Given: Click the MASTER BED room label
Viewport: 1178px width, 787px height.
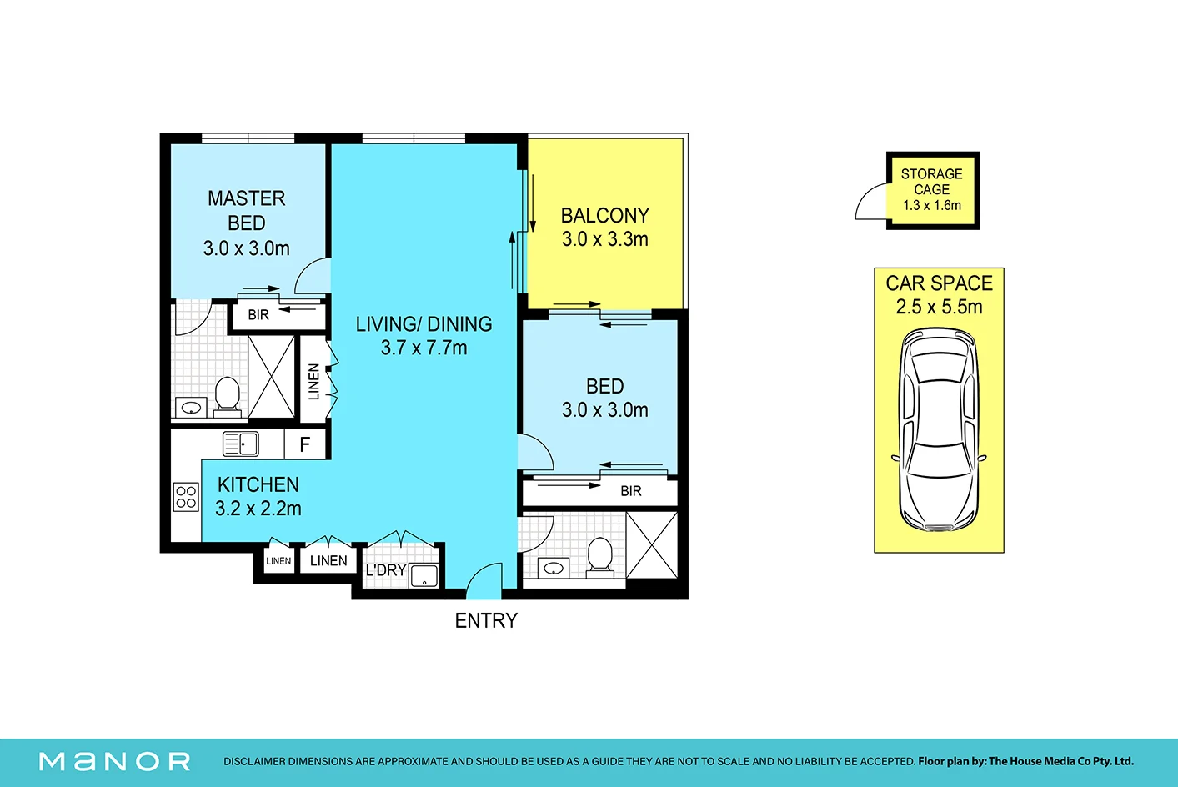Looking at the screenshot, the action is tap(247, 211).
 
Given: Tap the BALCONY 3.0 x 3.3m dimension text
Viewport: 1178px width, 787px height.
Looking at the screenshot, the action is tap(604, 240).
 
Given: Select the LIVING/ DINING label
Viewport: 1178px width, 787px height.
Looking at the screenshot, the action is tap(424, 324).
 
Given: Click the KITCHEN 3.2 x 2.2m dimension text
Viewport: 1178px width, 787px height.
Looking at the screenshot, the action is tap(258, 509).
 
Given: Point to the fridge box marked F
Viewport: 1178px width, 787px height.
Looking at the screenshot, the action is tap(305, 444).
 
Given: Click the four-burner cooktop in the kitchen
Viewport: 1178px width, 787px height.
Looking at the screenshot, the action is tap(186, 497).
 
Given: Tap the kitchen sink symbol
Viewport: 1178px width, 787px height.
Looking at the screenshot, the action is tap(241, 444).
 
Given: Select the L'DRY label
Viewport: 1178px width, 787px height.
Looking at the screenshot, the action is tap(386, 570).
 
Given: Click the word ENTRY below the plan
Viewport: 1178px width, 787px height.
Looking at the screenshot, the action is tap(486, 621).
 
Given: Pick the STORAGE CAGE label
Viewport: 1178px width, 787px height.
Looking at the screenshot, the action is tap(931, 182).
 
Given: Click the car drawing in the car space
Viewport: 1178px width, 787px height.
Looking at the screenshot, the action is tap(939, 429).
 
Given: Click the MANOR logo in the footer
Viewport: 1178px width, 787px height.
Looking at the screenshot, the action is tap(115, 762).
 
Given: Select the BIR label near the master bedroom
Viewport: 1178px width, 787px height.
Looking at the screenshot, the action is tap(258, 315).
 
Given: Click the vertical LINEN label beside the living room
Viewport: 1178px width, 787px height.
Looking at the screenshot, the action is tap(314, 382).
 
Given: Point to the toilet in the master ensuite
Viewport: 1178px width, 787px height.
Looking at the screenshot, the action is tap(228, 397).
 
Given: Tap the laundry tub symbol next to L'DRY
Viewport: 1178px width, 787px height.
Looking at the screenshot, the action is tap(424, 576).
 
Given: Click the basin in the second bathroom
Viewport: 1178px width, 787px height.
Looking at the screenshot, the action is tap(554, 569).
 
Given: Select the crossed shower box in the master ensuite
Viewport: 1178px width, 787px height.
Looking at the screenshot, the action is tap(271, 377).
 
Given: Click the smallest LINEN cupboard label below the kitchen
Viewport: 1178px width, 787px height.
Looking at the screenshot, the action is tap(278, 561).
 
